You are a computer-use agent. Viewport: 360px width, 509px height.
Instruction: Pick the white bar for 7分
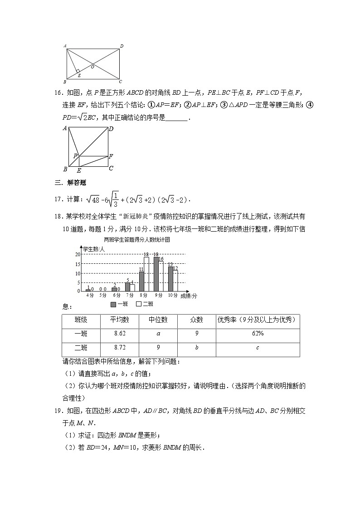click(x=132, y=287)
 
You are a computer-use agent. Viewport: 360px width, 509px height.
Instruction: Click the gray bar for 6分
click(x=114, y=289)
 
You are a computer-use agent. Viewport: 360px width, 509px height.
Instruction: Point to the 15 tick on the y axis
click(x=78, y=264)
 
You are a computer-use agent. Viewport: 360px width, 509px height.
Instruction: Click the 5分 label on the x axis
click(x=102, y=296)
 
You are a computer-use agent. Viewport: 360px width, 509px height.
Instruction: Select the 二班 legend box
click(x=140, y=304)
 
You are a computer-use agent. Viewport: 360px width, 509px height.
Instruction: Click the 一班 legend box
click(x=113, y=304)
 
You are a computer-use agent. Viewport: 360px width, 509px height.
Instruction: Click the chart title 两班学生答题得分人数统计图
click(x=136, y=239)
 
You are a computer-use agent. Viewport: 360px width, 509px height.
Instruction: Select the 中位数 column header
click(x=158, y=320)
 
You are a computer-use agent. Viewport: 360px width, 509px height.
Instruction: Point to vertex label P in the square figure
click(x=75, y=156)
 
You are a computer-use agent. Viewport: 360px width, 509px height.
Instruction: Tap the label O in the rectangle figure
click(x=92, y=67)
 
